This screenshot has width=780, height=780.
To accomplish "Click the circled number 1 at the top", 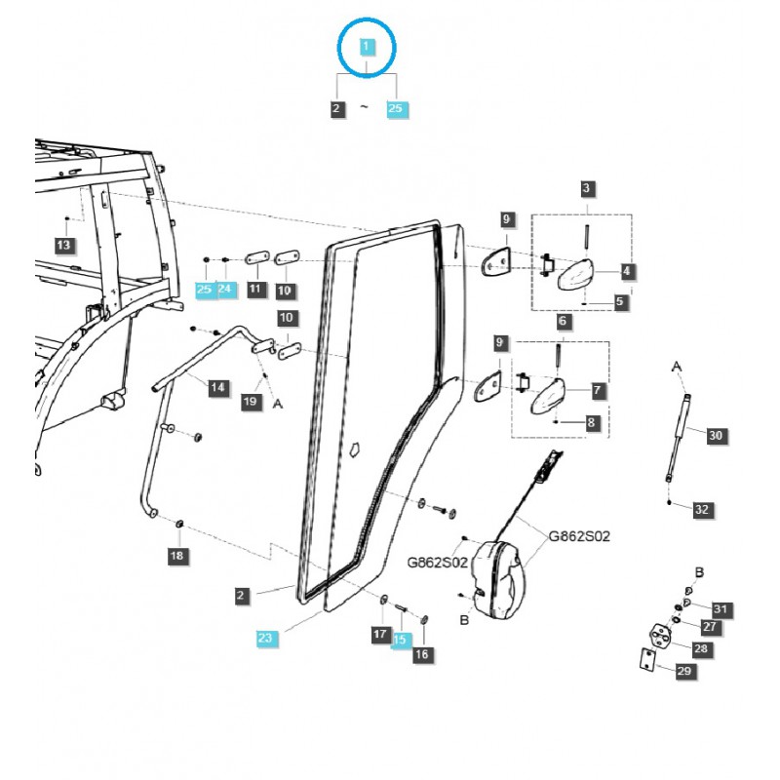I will pos(367,47).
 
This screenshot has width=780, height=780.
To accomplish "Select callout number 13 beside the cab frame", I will pos(63,244).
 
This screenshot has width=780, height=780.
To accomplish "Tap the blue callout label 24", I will pos(225,289).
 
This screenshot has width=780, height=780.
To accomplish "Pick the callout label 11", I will pos(255,289).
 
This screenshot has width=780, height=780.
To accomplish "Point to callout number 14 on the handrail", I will pos(218,388).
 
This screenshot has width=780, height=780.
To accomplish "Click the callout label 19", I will pos(250,401).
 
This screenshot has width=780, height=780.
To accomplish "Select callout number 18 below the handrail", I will pos(176,556).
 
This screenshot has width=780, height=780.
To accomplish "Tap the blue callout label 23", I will pos(266,638).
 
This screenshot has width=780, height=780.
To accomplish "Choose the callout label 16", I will pos(422,655).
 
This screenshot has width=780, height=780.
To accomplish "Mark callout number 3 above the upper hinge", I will pos(587,188).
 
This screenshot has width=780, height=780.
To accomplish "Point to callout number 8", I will pos(592,422).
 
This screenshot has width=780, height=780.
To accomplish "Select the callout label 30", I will pos(717,436).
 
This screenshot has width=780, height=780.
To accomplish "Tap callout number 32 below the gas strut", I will pos(702,509).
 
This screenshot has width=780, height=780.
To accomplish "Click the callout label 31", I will pos(721,609).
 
